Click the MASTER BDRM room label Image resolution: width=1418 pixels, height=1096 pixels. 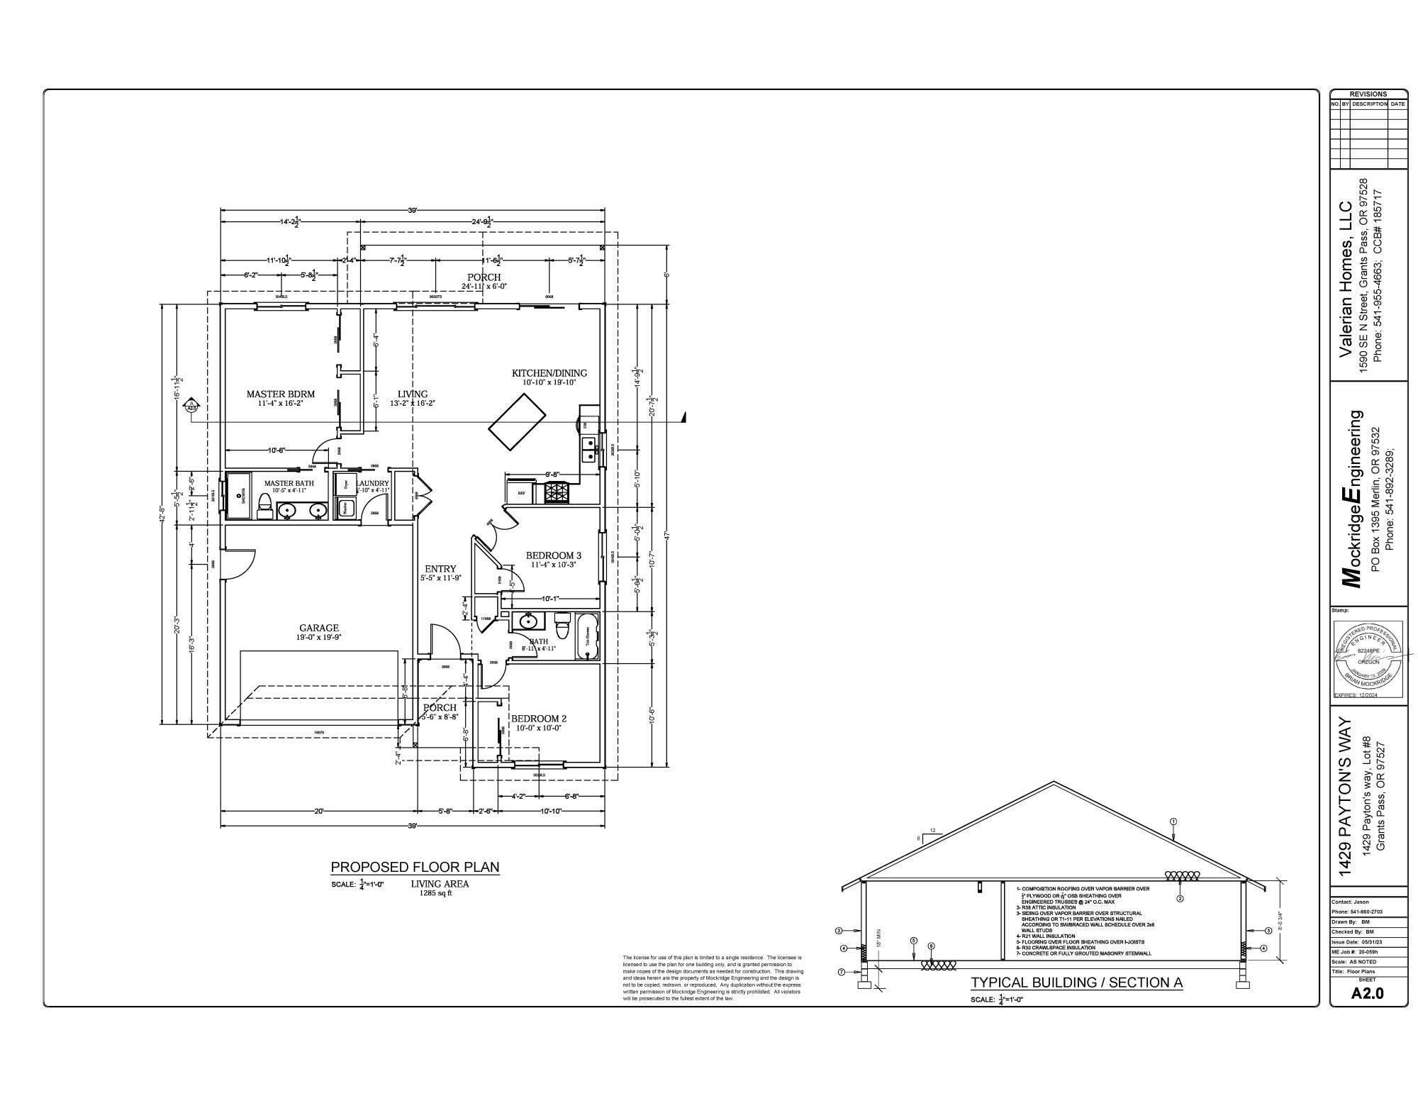[280, 394]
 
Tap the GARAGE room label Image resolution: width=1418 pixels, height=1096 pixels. [318, 628]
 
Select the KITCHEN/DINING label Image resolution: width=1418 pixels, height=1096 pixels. [549, 373]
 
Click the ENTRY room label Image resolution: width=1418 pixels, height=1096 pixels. [440, 569]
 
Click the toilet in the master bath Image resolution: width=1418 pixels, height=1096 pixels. [265, 504]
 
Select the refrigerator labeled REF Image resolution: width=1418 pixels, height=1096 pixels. [521, 492]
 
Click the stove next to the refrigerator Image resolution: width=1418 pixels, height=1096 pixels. [555, 492]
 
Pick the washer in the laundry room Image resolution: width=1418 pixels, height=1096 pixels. [346, 508]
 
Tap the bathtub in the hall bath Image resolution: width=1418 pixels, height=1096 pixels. [588, 636]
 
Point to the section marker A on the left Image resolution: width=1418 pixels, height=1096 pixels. [191, 406]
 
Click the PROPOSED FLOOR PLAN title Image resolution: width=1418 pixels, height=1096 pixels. [415, 867]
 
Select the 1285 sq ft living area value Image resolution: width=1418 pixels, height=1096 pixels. [435, 893]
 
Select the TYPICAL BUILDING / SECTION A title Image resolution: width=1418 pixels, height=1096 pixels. [1076, 982]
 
